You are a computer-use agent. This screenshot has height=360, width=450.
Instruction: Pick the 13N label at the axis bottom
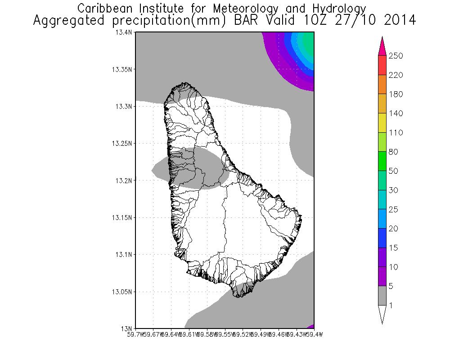[129, 328]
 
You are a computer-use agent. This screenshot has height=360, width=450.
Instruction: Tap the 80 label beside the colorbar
[393, 152]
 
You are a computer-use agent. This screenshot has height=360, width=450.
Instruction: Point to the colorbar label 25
[393, 209]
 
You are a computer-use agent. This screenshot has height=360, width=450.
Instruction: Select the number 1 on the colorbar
[391, 305]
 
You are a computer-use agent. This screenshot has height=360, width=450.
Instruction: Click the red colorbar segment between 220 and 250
[382, 65]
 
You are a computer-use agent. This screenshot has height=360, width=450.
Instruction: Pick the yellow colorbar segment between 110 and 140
[382, 123]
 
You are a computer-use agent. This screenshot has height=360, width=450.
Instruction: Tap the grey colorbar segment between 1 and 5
[382, 295]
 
